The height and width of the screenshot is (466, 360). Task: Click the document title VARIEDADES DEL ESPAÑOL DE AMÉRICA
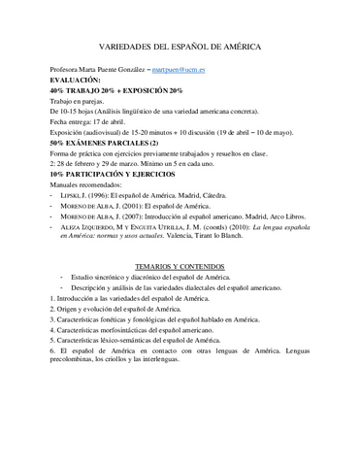click(180, 47)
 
